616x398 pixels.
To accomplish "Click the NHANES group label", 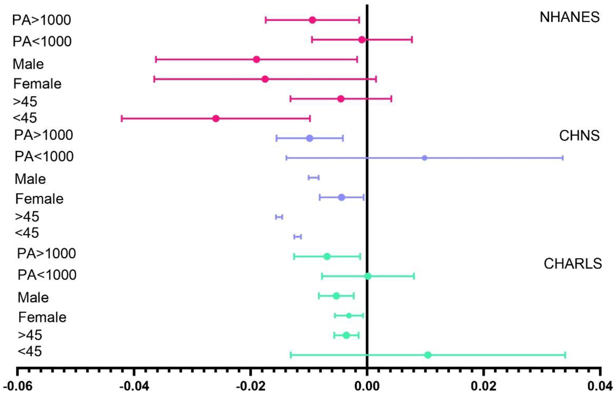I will coord(569,17).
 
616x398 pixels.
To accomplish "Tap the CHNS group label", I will coord(579,136).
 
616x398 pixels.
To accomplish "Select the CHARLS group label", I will coord(573,264).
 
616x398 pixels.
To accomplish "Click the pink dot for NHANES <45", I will coord(216,119).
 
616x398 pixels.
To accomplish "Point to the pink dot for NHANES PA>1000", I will coord(312,20).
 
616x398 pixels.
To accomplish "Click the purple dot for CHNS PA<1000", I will coord(424,158).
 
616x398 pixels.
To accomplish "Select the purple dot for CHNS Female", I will coord(342,197).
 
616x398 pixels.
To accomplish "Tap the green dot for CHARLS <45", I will coord(428,355).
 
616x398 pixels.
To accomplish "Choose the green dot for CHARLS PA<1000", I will coord(368,276).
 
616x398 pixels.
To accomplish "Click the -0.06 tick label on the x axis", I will coord(18,386).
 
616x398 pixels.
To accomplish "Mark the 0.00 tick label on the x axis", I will coord(367,386).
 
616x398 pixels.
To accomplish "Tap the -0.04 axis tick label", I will coord(134,386).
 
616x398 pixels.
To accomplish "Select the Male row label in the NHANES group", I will coord(28,64).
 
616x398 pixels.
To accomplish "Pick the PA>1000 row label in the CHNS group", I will coord(43,135).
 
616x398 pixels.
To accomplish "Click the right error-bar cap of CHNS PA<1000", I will coord(563,158).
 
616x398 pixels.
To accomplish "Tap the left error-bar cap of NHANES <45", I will coord(122,119).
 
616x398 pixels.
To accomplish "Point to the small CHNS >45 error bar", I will coord(279,217).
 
